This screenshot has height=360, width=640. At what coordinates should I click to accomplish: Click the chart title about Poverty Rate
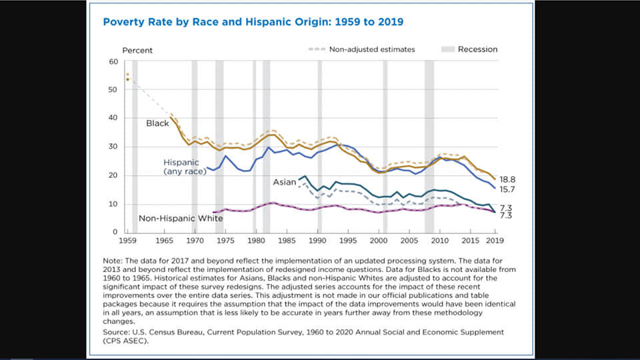point(253,22)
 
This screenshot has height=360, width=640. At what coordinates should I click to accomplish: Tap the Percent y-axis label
point(137,50)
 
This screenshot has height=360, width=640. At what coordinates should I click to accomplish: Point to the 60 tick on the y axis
point(113,61)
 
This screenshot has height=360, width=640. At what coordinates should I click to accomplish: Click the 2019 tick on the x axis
point(493,239)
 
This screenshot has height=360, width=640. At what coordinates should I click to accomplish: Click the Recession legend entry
point(477,49)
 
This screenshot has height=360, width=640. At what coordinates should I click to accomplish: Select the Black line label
point(157,123)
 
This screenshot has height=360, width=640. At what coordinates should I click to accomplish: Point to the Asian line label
point(284,181)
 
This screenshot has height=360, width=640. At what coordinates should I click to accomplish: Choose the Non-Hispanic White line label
point(175,218)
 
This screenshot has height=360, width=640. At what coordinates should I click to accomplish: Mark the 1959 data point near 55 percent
point(127,75)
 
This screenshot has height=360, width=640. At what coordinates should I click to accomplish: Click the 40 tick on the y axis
point(113,118)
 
